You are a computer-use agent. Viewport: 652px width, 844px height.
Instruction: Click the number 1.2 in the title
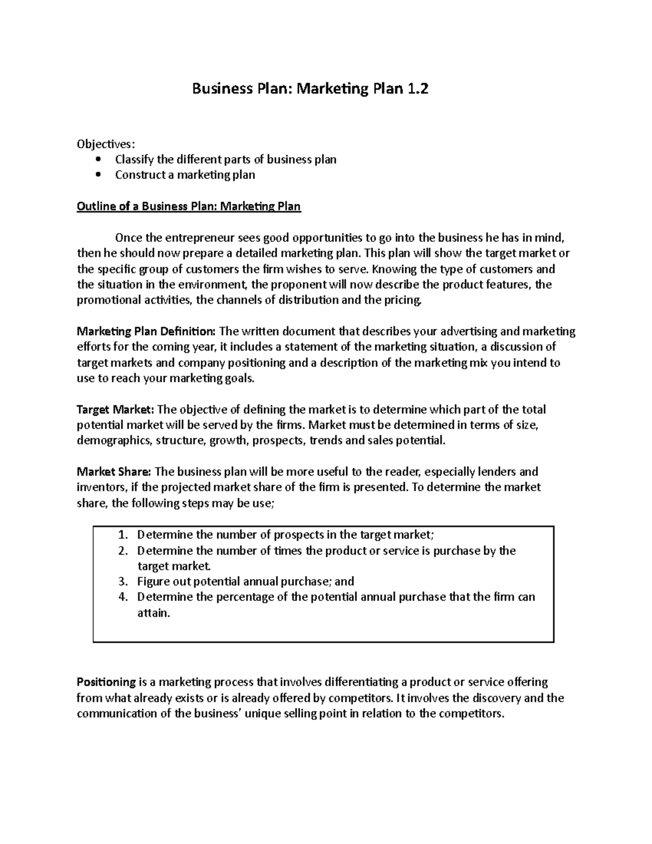coord(416,89)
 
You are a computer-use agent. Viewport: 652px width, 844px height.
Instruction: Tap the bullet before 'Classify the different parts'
coord(98,160)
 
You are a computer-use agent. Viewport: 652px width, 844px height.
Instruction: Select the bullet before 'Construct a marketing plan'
coord(98,175)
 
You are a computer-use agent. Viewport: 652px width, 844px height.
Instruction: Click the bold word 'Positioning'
coord(106,682)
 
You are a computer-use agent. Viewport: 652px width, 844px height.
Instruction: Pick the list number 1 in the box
coord(122,535)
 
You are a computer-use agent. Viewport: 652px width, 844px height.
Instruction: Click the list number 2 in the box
coord(122,551)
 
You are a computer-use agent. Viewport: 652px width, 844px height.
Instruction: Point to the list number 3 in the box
coord(122,582)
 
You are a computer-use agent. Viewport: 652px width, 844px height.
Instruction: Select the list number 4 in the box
coord(122,597)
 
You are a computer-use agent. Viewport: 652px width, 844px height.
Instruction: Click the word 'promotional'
coord(106,301)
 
